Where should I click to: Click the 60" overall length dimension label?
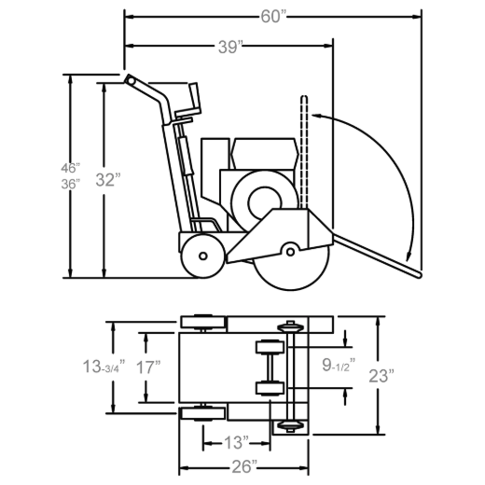(x=273, y=17)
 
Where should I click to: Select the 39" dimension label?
(x=230, y=48)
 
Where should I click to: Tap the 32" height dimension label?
(x=108, y=180)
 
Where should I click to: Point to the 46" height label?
(x=71, y=168)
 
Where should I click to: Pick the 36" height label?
(x=71, y=184)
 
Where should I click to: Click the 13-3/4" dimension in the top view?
(x=104, y=367)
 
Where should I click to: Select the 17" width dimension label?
(x=148, y=367)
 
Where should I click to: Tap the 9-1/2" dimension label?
(x=339, y=365)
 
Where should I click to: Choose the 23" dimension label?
(x=381, y=376)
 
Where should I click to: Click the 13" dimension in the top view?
(x=236, y=442)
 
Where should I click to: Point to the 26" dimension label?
(x=244, y=466)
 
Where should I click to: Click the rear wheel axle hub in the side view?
(x=203, y=256)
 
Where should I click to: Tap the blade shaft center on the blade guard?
(x=290, y=252)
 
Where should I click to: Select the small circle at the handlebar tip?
(x=131, y=81)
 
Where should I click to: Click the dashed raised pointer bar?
(x=304, y=152)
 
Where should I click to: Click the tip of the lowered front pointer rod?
(x=419, y=275)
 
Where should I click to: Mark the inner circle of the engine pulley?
(x=265, y=202)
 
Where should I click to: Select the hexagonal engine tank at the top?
(x=264, y=154)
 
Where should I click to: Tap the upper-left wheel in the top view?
(x=203, y=322)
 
